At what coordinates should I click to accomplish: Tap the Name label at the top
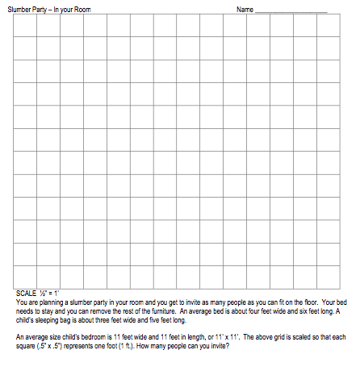(245, 9)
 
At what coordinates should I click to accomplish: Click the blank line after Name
(291, 10)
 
